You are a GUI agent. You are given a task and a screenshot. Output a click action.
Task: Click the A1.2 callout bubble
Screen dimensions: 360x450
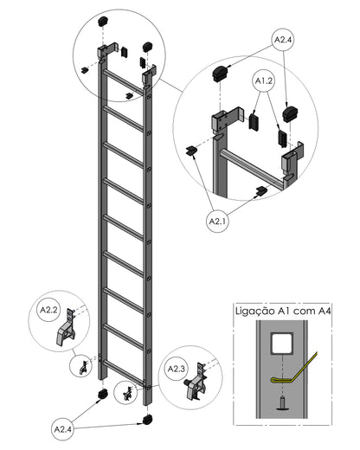tap(264, 81)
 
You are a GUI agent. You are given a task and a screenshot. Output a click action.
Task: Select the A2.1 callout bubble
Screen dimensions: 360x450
tap(218, 222)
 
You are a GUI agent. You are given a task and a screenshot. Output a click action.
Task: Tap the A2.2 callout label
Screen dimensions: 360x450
tap(48, 310)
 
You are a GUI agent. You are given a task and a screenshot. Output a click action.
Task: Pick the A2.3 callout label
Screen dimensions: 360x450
tap(177, 369)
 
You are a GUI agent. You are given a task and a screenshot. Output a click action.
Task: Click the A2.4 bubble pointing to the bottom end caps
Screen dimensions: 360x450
tap(63, 429)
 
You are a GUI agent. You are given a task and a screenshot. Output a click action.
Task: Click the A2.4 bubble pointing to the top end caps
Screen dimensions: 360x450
tap(283, 40)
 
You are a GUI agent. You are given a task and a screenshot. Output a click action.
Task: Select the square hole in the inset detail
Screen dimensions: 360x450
tap(282, 343)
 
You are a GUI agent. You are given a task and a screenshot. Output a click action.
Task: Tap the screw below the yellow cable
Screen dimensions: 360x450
tap(282, 403)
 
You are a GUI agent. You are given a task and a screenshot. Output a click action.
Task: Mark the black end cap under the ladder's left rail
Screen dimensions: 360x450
tap(103, 394)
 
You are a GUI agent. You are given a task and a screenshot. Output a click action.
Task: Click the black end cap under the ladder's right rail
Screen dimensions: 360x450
tap(148, 420)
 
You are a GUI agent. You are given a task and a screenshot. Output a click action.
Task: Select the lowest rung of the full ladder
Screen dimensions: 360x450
tap(123, 373)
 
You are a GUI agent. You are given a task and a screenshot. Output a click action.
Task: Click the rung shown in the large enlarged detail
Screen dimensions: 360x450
tap(254, 168)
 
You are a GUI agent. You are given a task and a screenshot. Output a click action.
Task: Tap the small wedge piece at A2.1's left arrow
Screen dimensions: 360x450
tap(190, 151)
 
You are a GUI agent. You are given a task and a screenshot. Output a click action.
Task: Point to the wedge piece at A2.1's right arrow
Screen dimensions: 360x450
tap(262, 190)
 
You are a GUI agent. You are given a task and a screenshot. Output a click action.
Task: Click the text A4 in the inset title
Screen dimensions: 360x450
tap(325, 311)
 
